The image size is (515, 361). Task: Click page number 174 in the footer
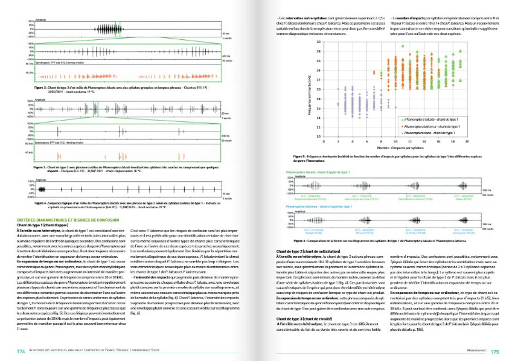[x=20, y=351]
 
